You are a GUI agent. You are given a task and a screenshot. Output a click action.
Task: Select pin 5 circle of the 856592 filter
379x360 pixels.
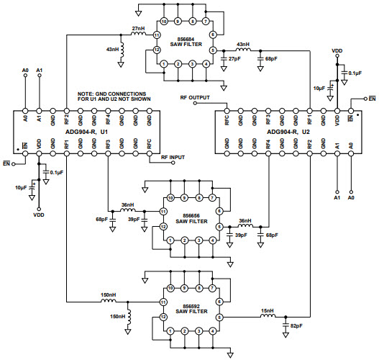click(219, 317)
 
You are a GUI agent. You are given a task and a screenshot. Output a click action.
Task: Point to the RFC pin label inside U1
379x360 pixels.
click(150, 144)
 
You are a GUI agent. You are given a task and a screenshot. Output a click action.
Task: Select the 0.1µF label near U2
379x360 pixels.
click(354, 73)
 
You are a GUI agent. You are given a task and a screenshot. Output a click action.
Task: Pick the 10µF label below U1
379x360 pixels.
click(22, 187)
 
